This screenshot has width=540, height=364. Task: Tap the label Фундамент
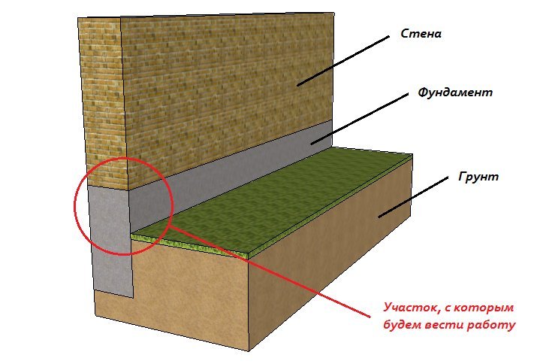click(x=455, y=93)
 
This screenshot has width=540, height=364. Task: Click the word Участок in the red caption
click(x=408, y=308)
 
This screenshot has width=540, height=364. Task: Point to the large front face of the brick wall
click(x=225, y=90)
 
